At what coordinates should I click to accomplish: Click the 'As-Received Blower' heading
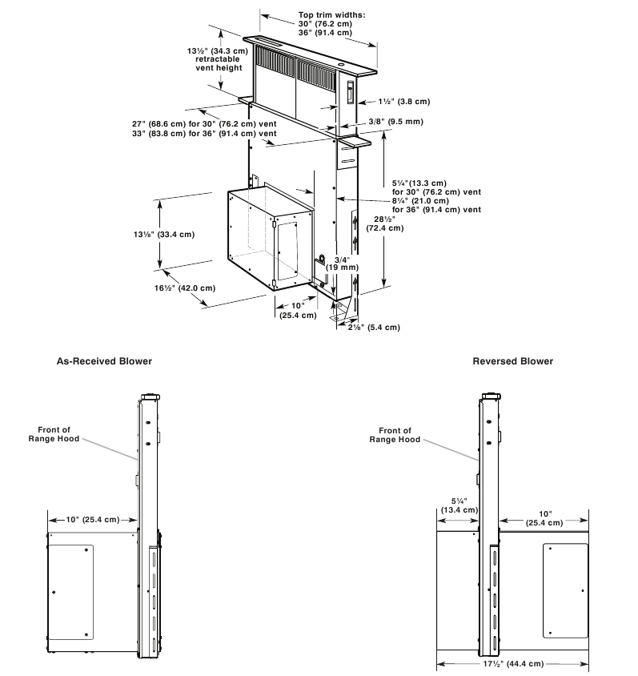(x=103, y=361)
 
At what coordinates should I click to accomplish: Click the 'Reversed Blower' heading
(x=512, y=361)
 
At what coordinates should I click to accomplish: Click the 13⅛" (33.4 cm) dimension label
(x=164, y=235)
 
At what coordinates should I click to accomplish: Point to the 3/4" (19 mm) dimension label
(x=343, y=264)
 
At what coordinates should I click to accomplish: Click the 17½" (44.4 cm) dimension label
(x=512, y=664)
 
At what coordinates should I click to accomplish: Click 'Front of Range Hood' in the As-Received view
(x=54, y=436)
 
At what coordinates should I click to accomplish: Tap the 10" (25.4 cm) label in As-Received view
(x=91, y=520)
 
